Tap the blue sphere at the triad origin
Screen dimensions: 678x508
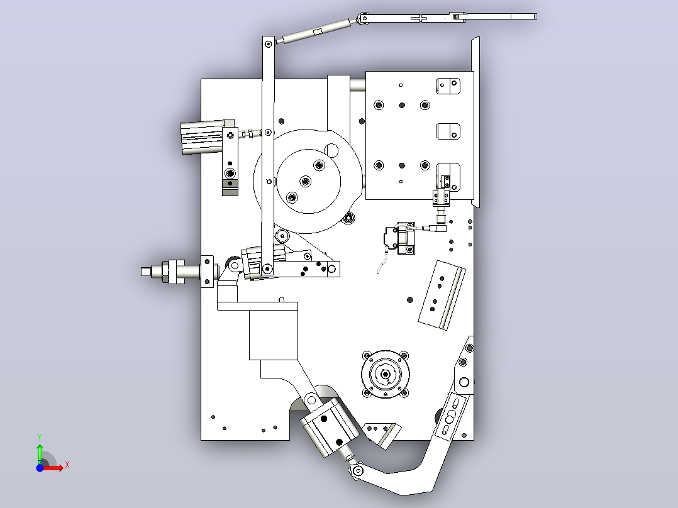click(40, 468)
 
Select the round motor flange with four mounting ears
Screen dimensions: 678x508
click(386, 374)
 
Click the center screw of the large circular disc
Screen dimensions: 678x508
click(305, 181)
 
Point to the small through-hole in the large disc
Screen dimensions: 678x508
click(331, 150)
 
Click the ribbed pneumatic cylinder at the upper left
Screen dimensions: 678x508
click(203, 137)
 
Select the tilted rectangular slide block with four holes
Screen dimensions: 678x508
click(442, 295)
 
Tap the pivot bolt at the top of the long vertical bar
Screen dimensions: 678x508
click(269, 43)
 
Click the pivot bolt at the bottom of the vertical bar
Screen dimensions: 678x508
click(268, 269)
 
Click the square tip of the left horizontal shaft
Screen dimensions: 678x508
click(145, 272)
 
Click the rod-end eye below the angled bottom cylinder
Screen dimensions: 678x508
click(357, 470)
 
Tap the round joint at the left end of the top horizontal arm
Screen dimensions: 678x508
click(364, 18)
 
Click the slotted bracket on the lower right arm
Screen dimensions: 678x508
click(450, 417)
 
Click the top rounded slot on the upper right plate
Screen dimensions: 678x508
click(448, 86)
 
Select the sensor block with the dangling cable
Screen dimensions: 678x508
click(401, 238)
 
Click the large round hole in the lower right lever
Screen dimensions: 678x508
click(464, 382)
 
